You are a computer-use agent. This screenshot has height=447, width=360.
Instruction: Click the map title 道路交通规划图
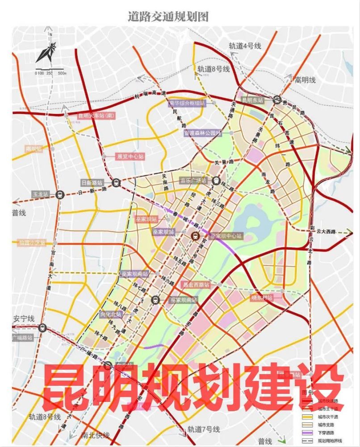[x=168, y=17]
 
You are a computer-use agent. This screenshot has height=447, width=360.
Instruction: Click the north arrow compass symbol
[x=46, y=51]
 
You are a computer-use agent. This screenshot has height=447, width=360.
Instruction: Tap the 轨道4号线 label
[x=245, y=46]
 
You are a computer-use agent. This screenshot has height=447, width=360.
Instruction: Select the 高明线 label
[x=305, y=80]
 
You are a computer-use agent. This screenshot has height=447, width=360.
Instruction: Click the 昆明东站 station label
[x=253, y=100]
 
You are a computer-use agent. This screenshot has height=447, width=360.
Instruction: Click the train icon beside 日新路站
[x=117, y=182]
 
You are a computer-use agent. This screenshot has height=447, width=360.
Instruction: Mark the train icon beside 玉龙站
[x=59, y=194]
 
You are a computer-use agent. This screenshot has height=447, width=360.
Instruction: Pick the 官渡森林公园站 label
[x=203, y=133]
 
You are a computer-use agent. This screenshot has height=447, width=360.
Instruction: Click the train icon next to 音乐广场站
[x=216, y=181]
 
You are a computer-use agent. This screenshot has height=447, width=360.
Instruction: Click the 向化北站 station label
[x=111, y=314]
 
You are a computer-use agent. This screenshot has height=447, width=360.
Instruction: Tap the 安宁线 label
[x=24, y=318]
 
